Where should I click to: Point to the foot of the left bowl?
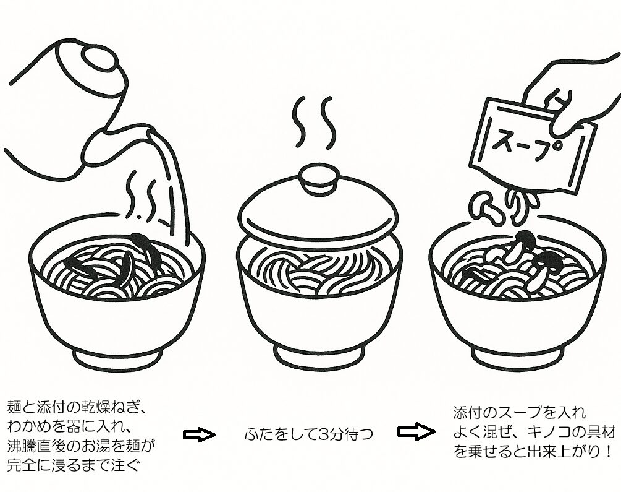coord(118,358)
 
